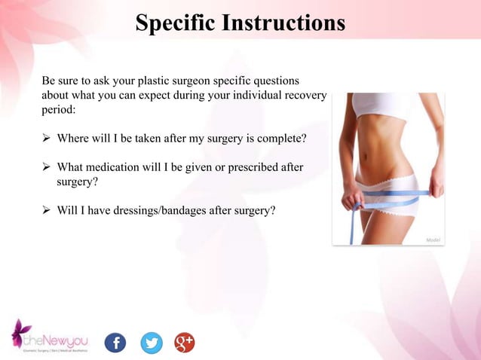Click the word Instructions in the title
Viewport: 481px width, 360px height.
[284, 23]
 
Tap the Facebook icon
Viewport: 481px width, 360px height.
[115, 343]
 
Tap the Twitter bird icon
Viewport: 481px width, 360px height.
[151, 343]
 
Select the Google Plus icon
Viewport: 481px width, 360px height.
[185, 343]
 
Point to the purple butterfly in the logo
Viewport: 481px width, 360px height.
[20, 332]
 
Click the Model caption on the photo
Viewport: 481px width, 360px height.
[433, 239]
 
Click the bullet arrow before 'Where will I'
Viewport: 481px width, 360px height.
[47, 139]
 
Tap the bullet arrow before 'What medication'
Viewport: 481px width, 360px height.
[47, 167]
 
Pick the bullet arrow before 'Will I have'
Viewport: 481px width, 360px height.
[47, 210]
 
